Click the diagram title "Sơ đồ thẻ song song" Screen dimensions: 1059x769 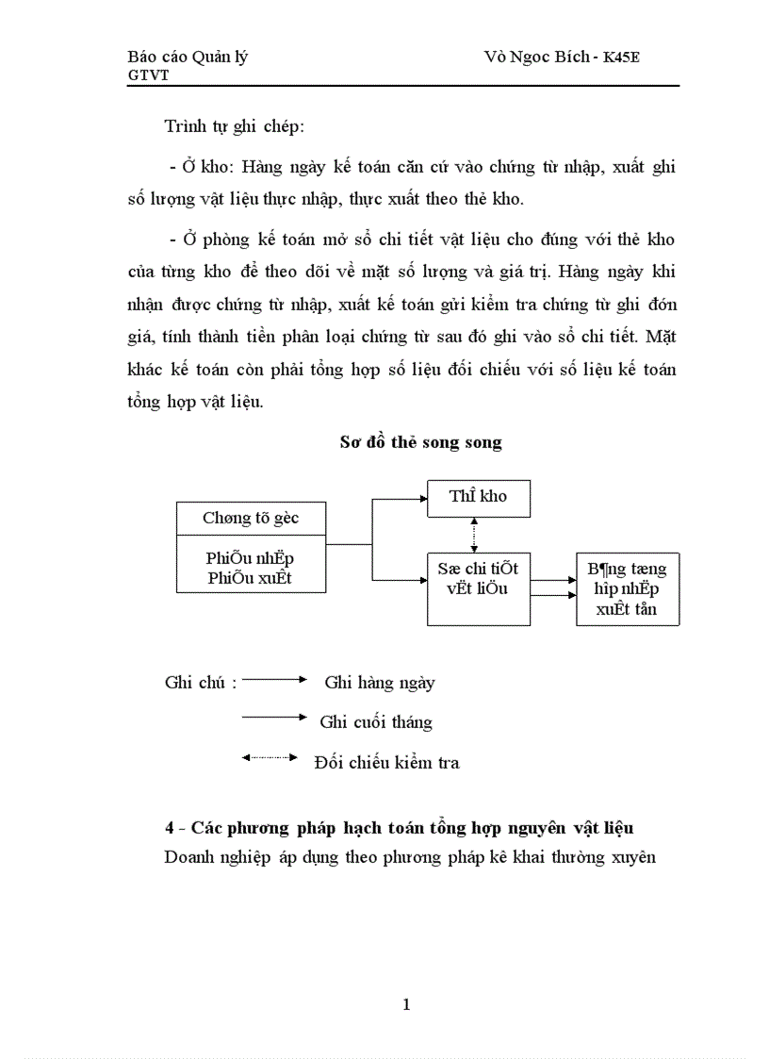pos(420,442)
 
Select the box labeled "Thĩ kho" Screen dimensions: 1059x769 pos(478,497)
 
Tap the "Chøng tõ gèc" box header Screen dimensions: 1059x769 pos(251,518)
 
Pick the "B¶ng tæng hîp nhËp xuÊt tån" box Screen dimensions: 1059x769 pos(627,589)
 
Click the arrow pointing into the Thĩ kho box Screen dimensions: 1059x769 pos(415,498)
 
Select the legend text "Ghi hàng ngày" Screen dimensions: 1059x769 pos(379,683)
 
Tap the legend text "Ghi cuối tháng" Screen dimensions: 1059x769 pos(376,722)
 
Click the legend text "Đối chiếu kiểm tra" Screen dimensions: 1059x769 pos(386,762)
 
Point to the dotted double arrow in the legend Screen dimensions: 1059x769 pos(270,756)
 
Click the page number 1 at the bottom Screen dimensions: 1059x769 pos(406,1004)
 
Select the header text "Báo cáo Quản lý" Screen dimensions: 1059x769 pos(188,57)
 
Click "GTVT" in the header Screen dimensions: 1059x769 pos(148,75)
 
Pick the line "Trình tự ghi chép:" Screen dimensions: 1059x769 pos(234,126)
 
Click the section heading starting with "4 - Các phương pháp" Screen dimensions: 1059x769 pos(399,828)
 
